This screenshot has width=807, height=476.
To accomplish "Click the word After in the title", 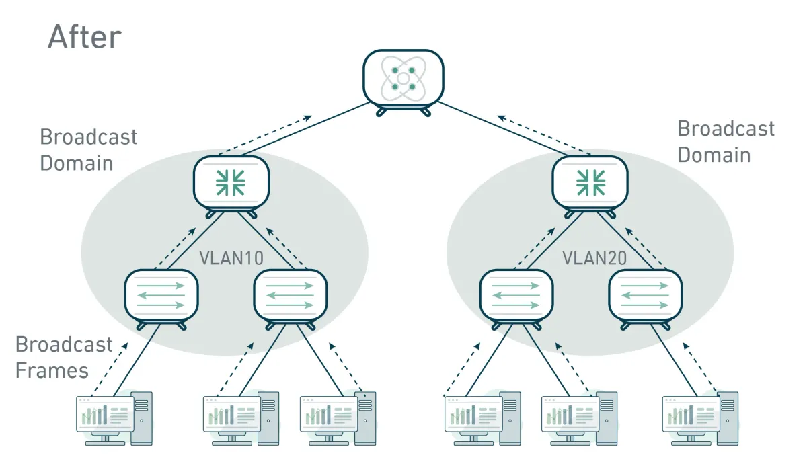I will [x=85, y=37].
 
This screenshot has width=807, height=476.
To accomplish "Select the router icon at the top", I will [x=403, y=79].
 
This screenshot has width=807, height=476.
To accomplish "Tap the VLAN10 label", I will [x=231, y=258].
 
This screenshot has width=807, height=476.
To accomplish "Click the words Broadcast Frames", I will [x=64, y=358].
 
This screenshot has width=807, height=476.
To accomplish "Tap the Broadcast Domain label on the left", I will [x=88, y=150].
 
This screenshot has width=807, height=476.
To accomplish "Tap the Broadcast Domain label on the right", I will [x=726, y=142].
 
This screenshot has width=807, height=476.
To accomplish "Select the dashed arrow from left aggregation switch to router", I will [x=266, y=134].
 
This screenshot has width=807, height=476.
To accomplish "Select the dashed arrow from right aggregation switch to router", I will [x=543, y=134].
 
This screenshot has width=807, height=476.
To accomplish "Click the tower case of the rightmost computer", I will [x=727, y=417].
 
